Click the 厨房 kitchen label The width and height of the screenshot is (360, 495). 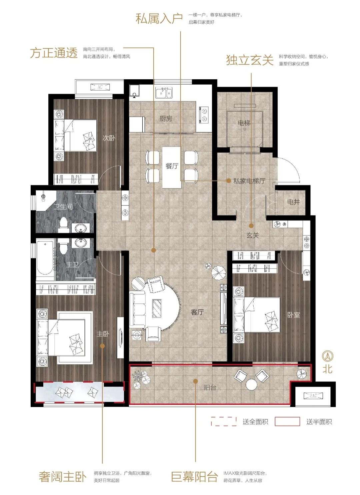(x=166, y=119)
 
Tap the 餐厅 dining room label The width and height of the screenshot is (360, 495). (x=172, y=166)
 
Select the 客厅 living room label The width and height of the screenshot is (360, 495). (x=197, y=312)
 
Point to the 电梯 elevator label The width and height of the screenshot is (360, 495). (x=244, y=123)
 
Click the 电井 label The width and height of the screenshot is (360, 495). (x=293, y=202)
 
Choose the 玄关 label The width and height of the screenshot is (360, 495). (x=253, y=236)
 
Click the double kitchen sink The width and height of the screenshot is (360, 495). (x=164, y=93)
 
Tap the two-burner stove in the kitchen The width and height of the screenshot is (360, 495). (x=204, y=115)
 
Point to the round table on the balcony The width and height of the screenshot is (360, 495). (x=251, y=384)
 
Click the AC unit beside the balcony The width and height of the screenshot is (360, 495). (x=313, y=395)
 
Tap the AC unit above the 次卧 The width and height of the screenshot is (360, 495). (x=100, y=87)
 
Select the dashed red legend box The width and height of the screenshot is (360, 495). (x=224, y=422)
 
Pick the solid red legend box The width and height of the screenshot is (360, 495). (x=287, y=422)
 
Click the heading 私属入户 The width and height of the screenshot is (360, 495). (x=159, y=18)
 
